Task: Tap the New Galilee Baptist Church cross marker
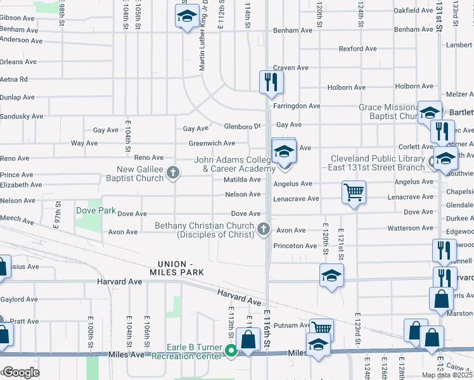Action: (173, 173)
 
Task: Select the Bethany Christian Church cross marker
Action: (264, 230)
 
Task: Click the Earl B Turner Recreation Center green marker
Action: (232, 351)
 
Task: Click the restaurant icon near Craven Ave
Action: (271, 82)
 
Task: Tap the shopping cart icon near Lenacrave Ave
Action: (354, 192)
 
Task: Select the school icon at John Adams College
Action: (283, 152)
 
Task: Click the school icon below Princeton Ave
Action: (331, 276)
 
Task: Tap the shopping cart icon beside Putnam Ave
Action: (321, 328)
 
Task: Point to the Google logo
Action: (21, 372)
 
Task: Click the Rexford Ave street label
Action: (358, 48)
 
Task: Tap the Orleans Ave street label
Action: (18, 62)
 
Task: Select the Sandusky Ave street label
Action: (22, 117)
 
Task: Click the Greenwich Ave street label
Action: (212, 144)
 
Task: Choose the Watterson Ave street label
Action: (410, 228)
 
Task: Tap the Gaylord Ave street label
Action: (20, 299)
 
